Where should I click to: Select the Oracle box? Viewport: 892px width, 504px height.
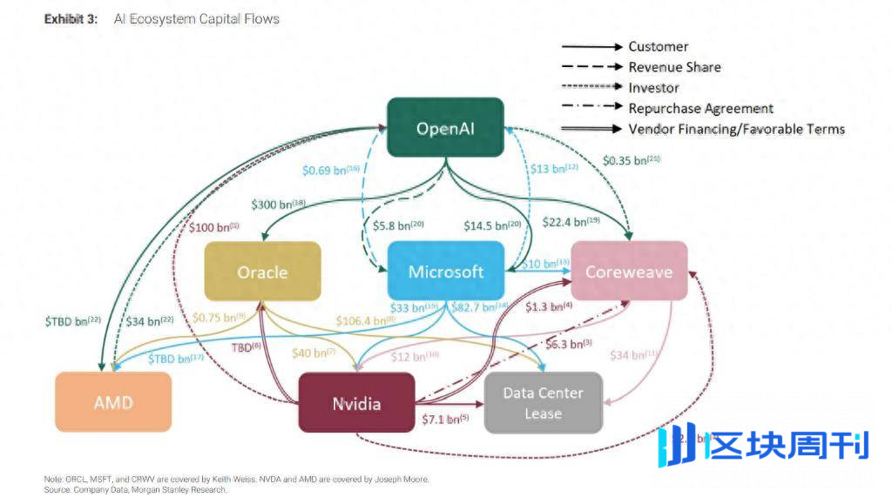pyautogui.click(x=262, y=272)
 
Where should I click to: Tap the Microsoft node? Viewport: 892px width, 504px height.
pyautogui.click(x=446, y=272)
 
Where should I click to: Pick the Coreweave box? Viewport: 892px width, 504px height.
pyautogui.click(x=629, y=272)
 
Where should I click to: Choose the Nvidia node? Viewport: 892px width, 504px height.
pyautogui.click(x=356, y=403)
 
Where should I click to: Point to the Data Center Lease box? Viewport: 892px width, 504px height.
pyautogui.click(x=543, y=403)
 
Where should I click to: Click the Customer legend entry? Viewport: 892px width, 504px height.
pyautogui.click(x=658, y=46)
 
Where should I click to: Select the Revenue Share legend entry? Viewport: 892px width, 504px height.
pyautogui.click(x=674, y=67)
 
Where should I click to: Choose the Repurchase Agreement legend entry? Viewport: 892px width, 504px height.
pyautogui.click(x=700, y=109)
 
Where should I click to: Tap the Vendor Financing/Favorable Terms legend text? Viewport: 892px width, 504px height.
pyautogui.click(x=736, y=130)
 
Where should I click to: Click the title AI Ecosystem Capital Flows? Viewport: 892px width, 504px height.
pyautogui.click(x=197, y=18)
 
